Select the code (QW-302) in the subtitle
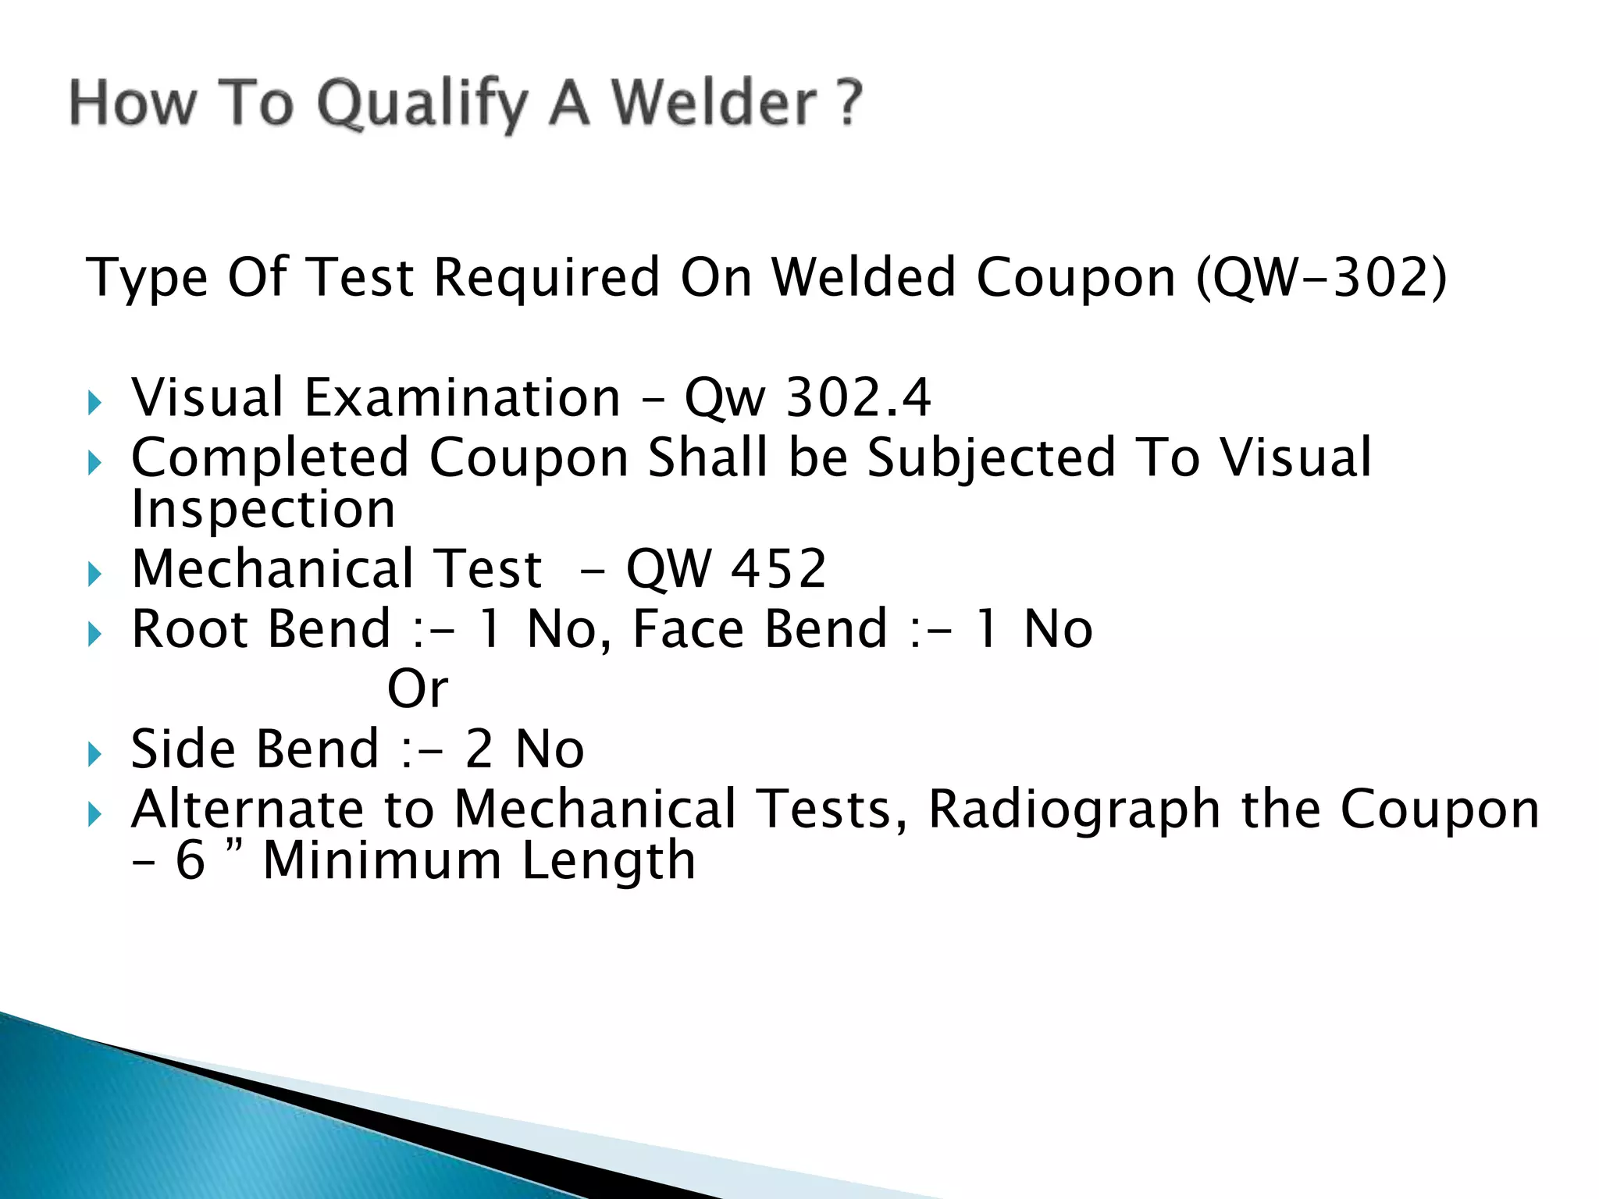coord(1321,277)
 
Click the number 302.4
coord(858,397)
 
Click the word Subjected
coord(992,457)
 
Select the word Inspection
coord(263,509)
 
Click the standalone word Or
coord(418,688)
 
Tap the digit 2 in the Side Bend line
coord(479,749)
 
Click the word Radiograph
coord(1074,809)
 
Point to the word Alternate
coord(247,809)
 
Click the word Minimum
coord(382,860)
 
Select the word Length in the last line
coord(608,860)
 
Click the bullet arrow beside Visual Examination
coord(94,404)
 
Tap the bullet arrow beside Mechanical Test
coord(94,575)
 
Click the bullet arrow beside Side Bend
coord(94,755)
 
